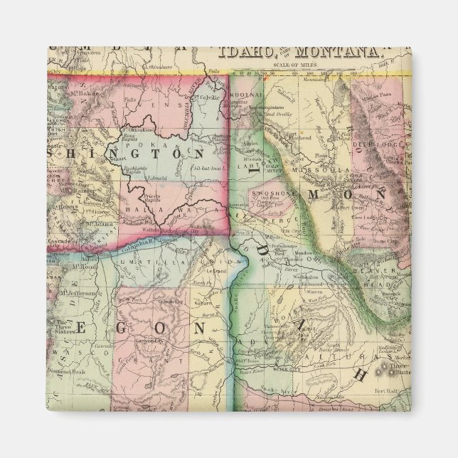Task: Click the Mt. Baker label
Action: click(x=83, y=94)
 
